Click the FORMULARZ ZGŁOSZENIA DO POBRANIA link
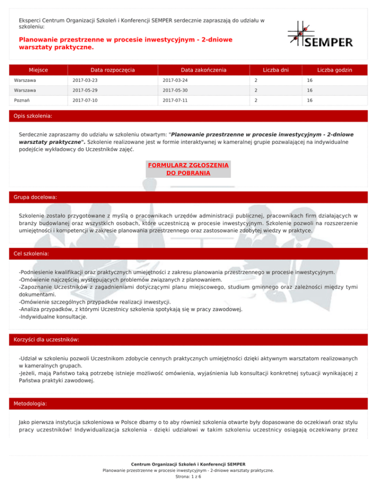pos(189,169)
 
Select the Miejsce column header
pos(41,70)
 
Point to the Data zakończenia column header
pos(203,70)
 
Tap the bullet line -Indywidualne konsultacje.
pos(53,317)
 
